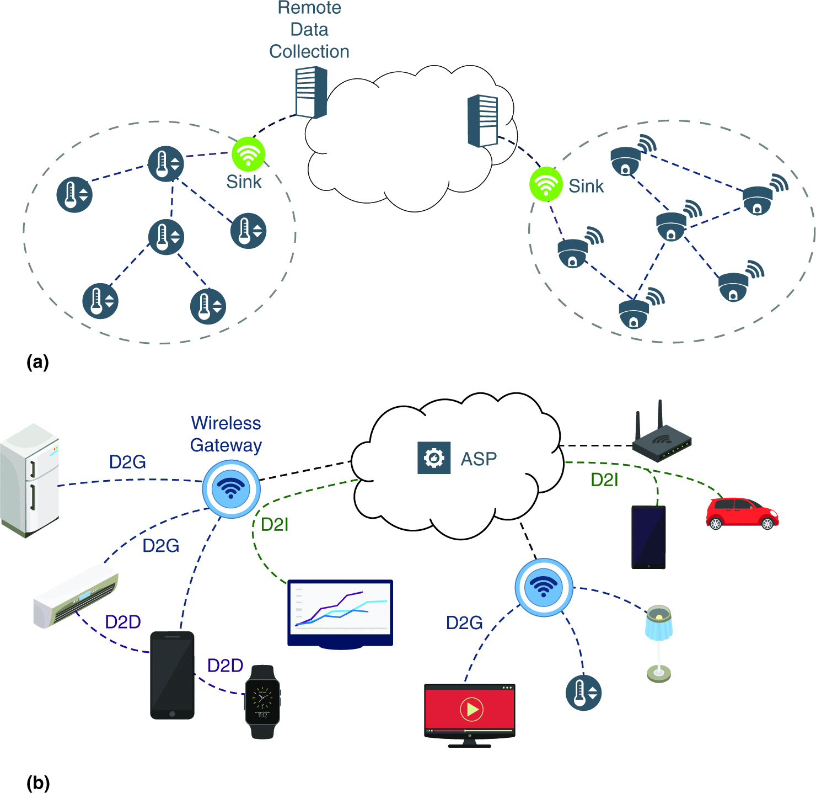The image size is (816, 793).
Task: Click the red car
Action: pos(742,514)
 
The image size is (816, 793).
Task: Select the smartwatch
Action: pos(262,701)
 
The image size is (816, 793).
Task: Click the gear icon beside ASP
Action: pos(434,458)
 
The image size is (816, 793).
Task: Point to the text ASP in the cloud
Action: pos(479,459)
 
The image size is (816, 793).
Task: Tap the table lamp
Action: pos(659,642)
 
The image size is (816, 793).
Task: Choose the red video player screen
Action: pos(469,712)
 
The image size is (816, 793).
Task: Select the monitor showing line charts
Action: pos(340,613)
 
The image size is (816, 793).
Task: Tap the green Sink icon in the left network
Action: pos(248,154)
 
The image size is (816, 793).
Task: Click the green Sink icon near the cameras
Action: pos(546,184)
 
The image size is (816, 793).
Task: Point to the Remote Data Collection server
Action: pos(312,92)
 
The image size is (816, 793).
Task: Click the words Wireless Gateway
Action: pos(226,434)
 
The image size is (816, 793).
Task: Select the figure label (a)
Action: pos(37,362)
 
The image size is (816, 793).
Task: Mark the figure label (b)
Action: pos(38,783)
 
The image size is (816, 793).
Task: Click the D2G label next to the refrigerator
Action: pos(127,462)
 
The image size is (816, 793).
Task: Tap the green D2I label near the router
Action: pos(604,480)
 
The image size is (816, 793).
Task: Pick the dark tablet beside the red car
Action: pos(648,537)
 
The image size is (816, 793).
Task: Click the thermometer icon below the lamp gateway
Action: pos(583,692)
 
